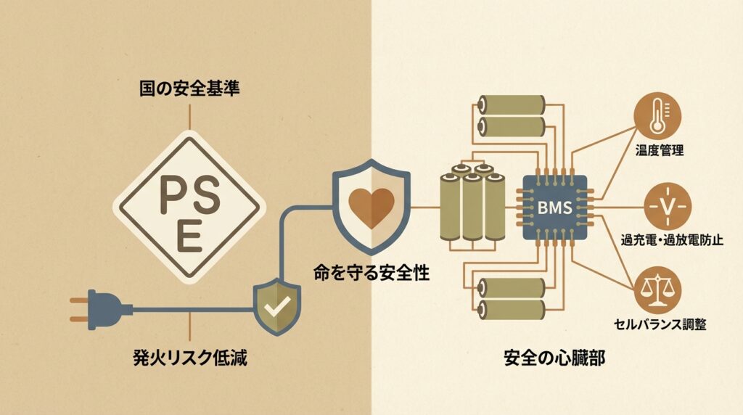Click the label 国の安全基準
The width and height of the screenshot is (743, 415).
point(189,91)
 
